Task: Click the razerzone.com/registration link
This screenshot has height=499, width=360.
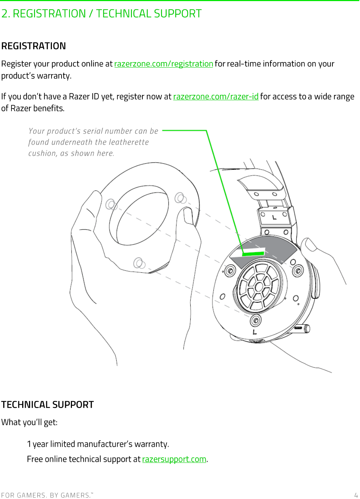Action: point(164,64)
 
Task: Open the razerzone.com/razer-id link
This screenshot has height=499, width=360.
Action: point(215,97)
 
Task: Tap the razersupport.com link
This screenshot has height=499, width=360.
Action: point(174,459)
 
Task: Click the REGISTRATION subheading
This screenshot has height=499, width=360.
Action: point(34,46)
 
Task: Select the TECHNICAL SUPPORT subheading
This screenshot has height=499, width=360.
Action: point(47,405)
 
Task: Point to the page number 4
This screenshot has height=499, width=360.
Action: point(356,495)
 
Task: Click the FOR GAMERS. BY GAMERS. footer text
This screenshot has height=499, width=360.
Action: point(47,495)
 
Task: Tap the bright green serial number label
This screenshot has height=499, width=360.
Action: point(253,253)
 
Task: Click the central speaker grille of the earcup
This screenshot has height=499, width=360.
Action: point(258,286)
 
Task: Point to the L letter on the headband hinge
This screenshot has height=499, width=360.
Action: point(274,217)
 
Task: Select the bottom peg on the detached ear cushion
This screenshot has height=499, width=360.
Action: point(139,263)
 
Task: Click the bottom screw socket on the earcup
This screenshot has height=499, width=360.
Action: point(255,320)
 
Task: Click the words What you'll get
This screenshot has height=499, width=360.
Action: point(29,422)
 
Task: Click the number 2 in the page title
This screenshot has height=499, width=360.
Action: point(5,14)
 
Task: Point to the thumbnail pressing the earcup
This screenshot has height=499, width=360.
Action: point(310,245)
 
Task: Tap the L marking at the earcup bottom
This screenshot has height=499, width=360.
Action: point(254,332)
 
